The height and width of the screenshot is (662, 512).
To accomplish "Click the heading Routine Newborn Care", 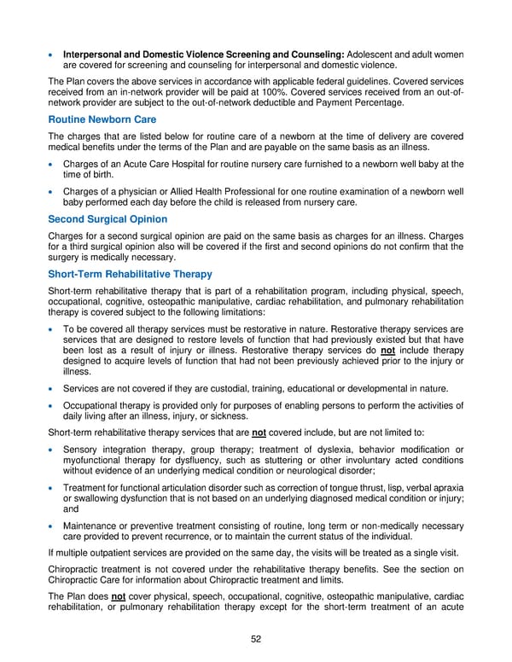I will tap(102, 119).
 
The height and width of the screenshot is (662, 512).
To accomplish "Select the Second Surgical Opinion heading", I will tap(108, 219).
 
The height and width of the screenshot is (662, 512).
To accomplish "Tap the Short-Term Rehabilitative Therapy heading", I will tap(131, 274).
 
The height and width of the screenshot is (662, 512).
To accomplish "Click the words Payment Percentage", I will tap(365, 102).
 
